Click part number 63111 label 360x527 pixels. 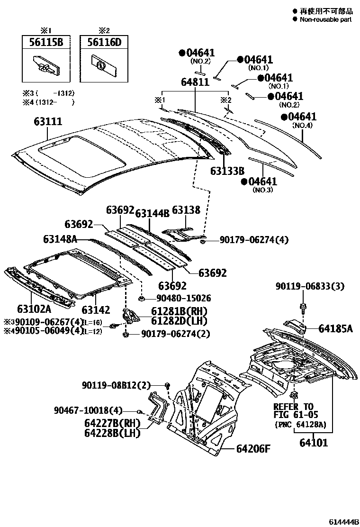(47, 122)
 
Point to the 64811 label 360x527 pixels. (195, 82)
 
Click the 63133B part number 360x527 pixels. (227, 171)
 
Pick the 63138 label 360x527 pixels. (186, 210)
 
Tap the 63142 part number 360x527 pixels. (95, 310)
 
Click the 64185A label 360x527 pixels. (335, 328)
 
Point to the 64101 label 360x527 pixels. (313, 444)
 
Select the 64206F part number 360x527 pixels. (253, 449)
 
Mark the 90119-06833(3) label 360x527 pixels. (310, 286)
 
